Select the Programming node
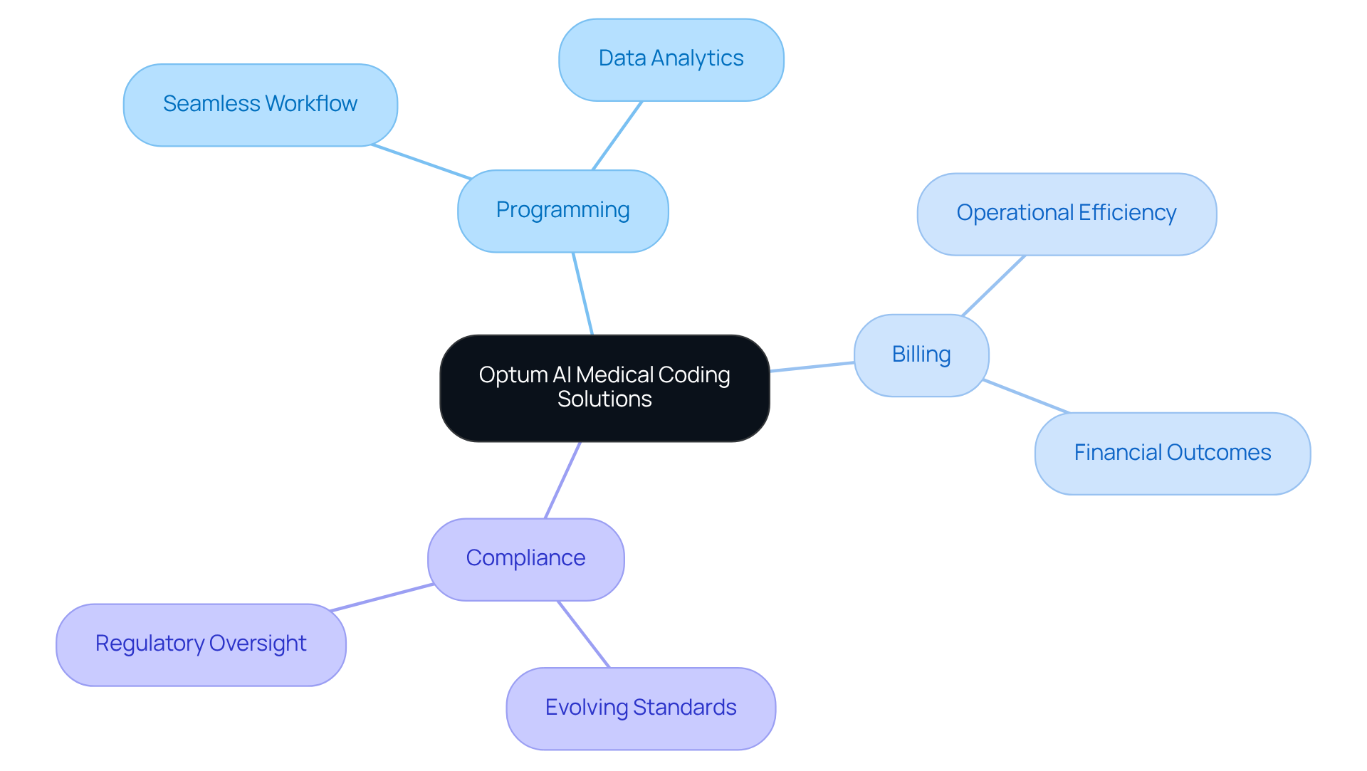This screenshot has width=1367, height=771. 562,211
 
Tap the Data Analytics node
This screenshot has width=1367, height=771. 671,59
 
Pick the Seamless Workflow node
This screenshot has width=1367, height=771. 260,105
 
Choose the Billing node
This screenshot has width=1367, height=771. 921,355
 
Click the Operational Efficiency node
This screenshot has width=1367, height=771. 1066,214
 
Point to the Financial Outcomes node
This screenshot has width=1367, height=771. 1172,453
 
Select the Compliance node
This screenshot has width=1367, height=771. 525,559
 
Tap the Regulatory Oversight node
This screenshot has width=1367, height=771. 201,644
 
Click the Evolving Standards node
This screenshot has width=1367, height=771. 640,708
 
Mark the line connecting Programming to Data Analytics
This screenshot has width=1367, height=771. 617,135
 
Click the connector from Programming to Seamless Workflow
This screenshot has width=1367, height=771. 421,162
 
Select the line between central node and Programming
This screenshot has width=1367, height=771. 582,293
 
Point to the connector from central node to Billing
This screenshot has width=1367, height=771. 812,367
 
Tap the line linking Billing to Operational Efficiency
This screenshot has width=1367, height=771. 993,285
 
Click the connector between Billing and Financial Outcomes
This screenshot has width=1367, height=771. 1025,397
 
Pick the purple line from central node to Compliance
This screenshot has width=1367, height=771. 562,480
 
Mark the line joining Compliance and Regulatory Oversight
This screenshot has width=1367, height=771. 382,597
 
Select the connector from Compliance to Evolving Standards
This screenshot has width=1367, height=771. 583,634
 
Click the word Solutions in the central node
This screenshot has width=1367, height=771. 604,399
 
